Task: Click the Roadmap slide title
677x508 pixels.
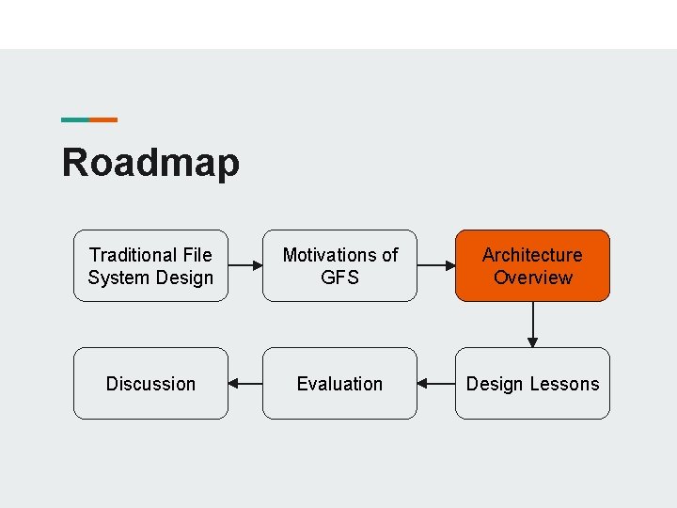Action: tap(150, 163)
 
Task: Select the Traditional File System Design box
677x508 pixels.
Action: tap(150, 265)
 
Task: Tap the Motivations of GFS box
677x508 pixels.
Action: tap(339, 265)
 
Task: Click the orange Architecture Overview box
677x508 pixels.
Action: tap(532, 265)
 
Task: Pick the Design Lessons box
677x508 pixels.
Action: tap(532, 384)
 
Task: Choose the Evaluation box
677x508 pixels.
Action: tap(339, 384)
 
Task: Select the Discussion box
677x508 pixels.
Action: tap(150, 384)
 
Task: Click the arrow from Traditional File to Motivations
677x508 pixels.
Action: tap(245, 266)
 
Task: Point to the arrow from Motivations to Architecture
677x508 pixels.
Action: tap(436, 266)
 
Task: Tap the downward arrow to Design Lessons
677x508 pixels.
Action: tap(533, 325)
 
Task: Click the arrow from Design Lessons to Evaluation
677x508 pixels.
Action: tap(436, 384)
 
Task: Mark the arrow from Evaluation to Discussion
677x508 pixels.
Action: tap(245, 384)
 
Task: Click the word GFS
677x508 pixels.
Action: tap(339, 278)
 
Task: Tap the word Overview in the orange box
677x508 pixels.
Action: tap(532, 278)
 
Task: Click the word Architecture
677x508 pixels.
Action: tap(532, 255)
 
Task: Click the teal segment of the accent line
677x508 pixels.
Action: tap(75, 119)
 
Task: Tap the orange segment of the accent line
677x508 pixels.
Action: tap(103, 119)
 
